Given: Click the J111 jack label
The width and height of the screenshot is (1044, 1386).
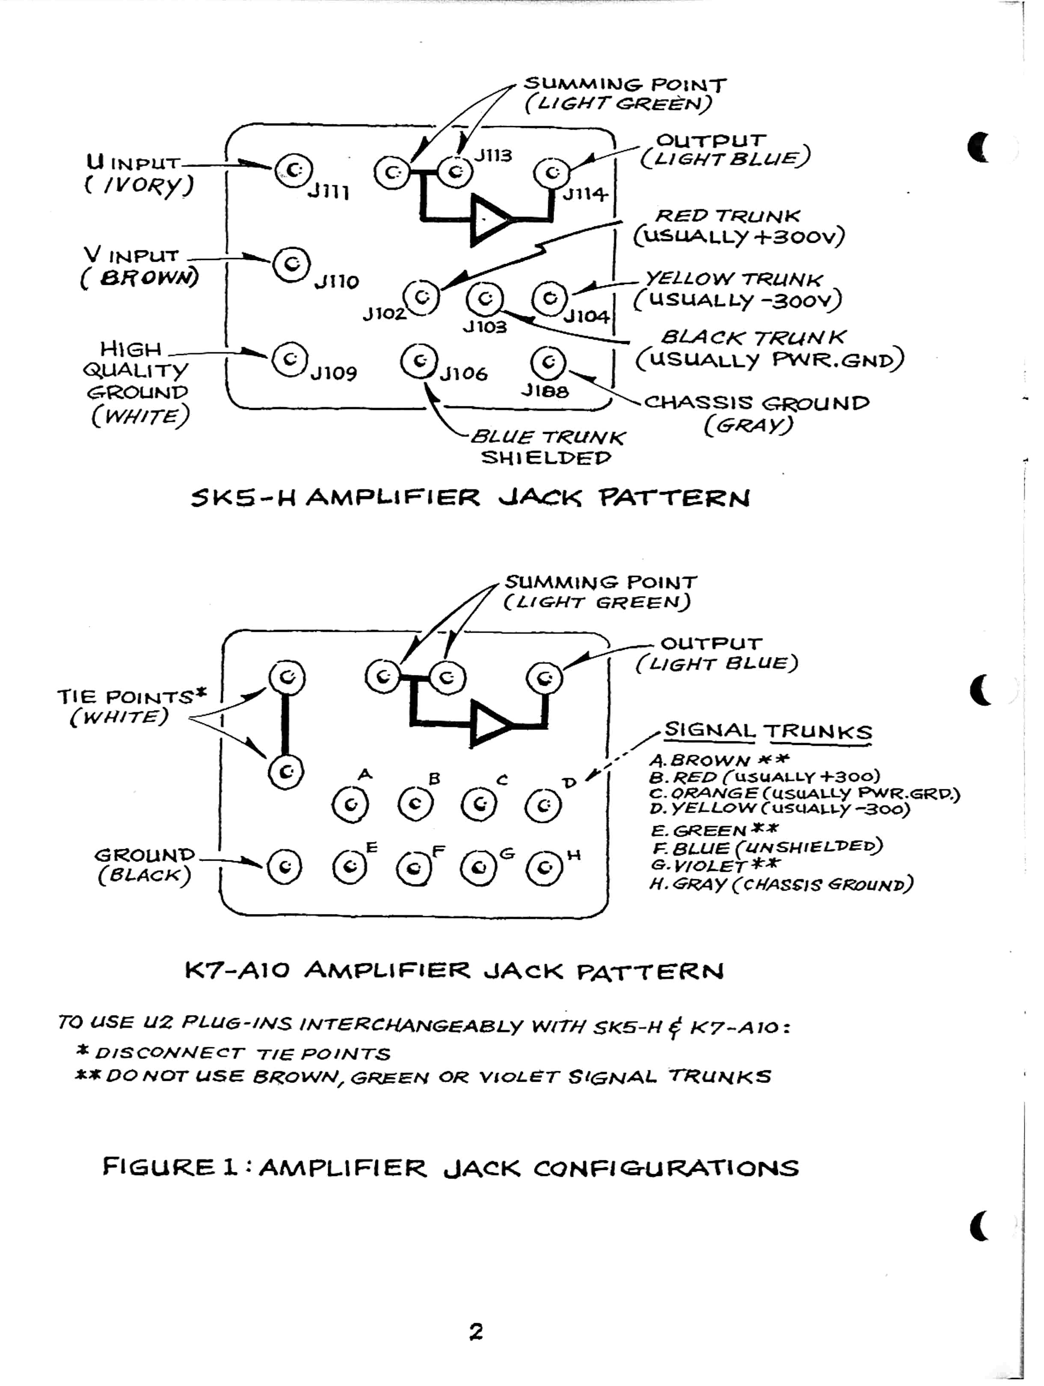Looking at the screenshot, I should point(328,192).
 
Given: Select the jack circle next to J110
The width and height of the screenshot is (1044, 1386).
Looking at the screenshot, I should point(291,264).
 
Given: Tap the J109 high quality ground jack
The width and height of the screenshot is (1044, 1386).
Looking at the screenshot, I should point(290,360).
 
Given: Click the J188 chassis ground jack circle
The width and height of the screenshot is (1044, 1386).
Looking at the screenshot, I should point(548,362).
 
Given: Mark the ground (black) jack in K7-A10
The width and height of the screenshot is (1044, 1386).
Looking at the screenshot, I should point(285,867).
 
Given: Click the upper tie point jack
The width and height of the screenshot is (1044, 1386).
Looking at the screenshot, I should point(287,677).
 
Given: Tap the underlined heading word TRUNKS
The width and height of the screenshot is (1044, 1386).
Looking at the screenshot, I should point(817,732).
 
